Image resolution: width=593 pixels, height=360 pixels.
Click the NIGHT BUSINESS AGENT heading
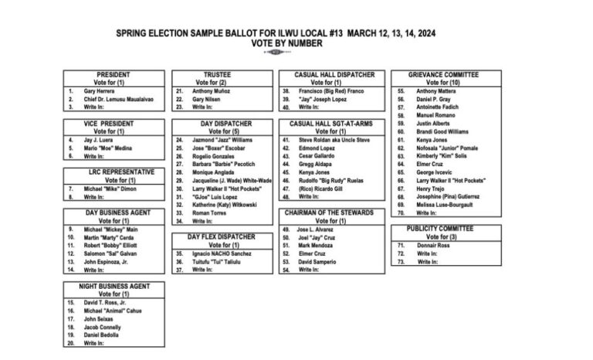pyautogui.click(x=113, y=286)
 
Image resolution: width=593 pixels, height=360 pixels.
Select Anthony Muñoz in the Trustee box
pyautogui.click(x=212, y=90)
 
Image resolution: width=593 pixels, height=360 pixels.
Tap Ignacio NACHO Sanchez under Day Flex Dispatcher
pyautogui.click(x=222, y=253)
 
